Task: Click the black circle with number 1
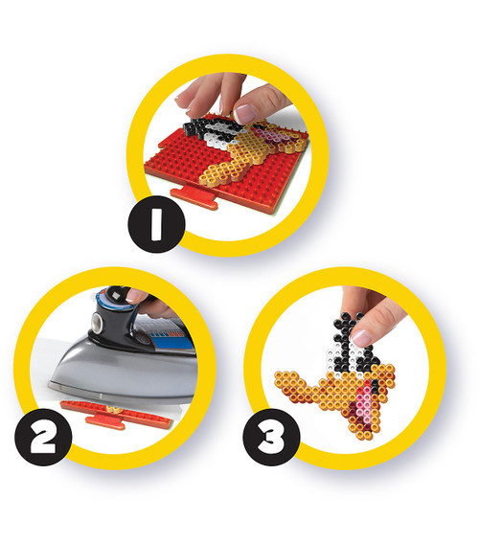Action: click(x=156, y=224)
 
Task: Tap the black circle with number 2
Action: click(x=43, y=437)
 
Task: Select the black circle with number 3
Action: click(x=271, y=437)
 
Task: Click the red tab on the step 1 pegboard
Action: click(x=194, y=197)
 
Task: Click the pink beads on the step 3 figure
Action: click(x=365, y=398)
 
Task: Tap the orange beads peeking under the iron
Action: click(x=112, y=410)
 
